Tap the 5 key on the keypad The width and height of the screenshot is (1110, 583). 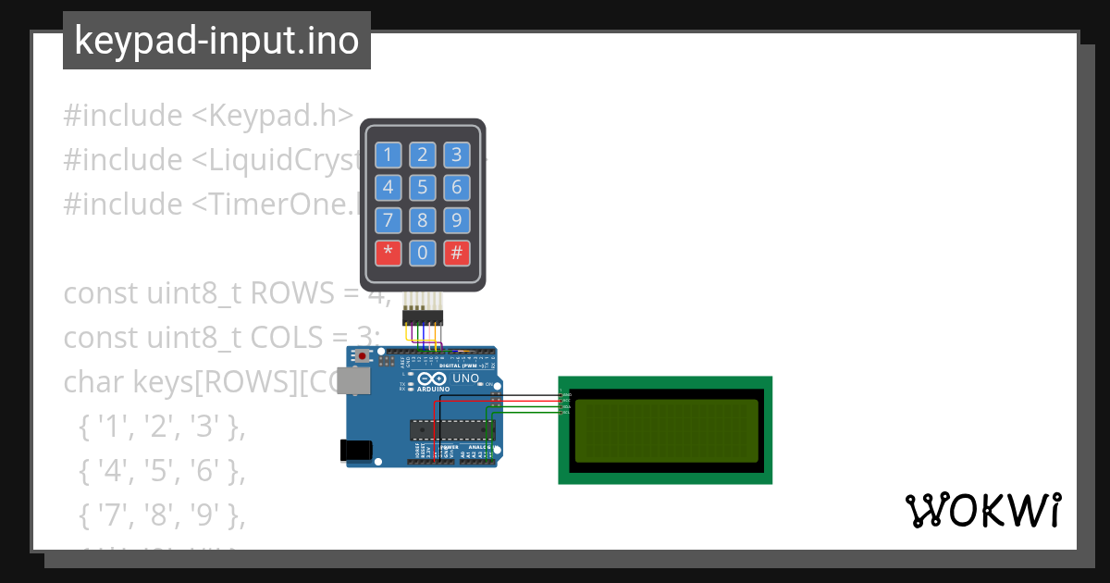click(423, 188)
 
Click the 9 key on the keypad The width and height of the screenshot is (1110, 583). click(456, 220)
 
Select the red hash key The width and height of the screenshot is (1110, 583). click(456, 253)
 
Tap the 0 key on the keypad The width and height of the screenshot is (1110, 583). click(423, 253)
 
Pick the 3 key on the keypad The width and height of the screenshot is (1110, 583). click(456, 155)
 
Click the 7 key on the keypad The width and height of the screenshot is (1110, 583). click(388, 220)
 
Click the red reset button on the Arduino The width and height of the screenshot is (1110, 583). click(363, 356)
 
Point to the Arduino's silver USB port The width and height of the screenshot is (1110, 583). click(351, 380)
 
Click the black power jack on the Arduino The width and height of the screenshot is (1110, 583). click(356, 450)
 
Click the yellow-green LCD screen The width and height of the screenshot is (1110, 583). click(665, 430)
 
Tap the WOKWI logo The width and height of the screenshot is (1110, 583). click(982, 510)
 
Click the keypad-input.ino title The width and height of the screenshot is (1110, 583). click(216, 41)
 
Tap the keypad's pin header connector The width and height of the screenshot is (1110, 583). click(423, 316)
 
